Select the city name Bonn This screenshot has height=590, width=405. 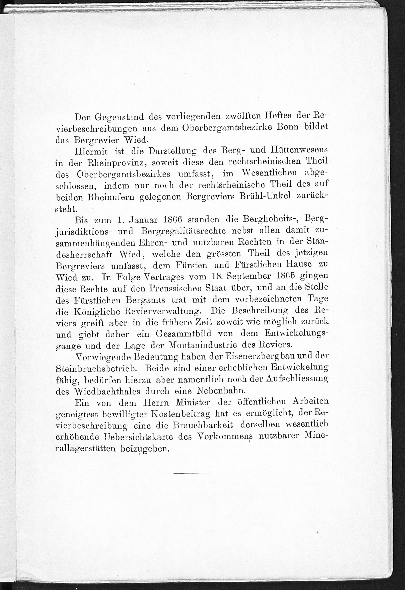point(287,127)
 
